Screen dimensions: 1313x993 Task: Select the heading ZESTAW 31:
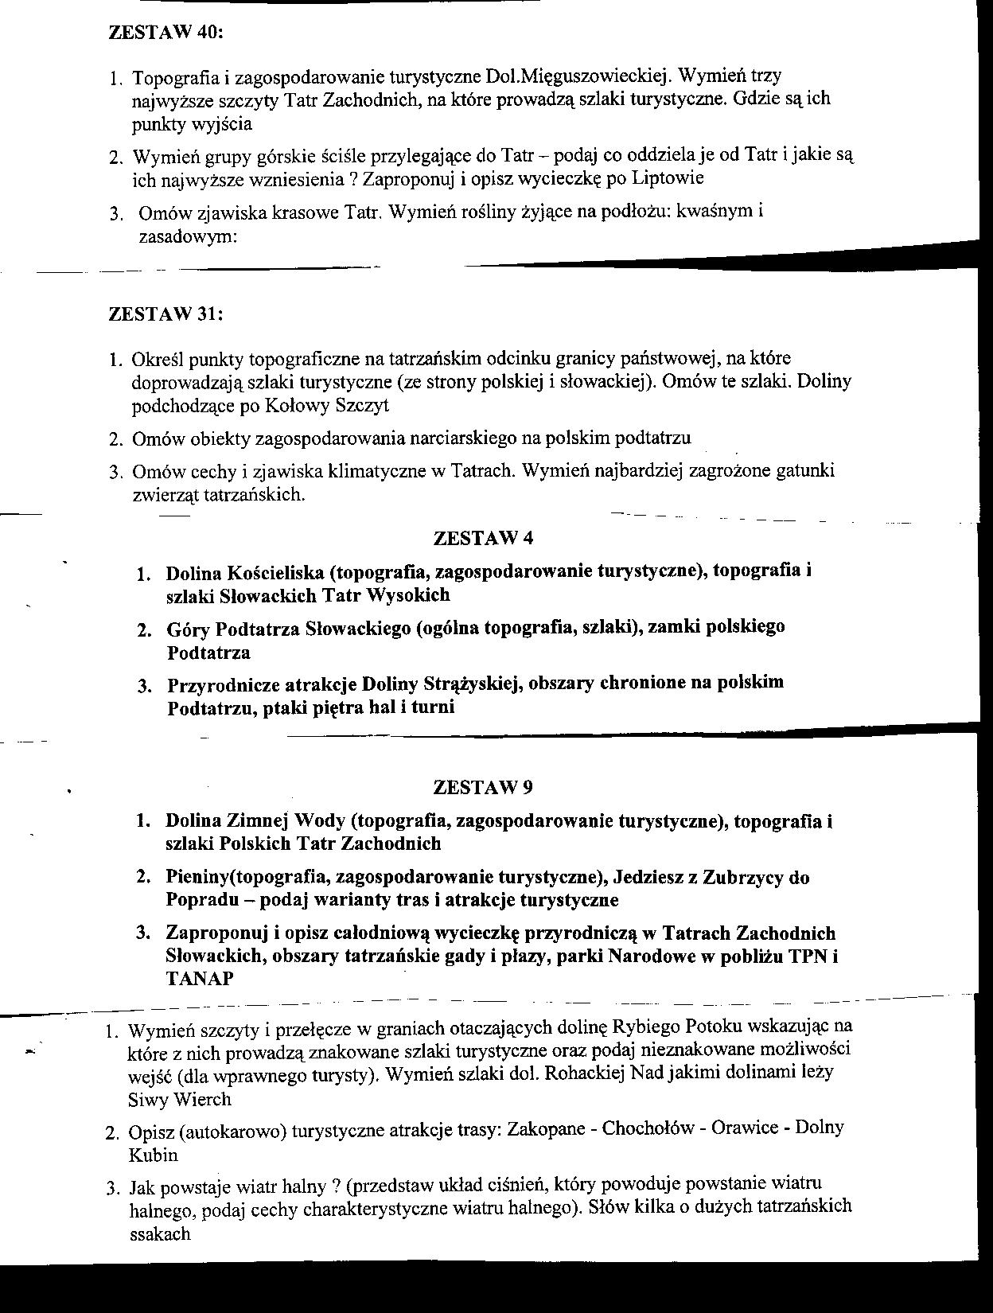[x=165, y=314]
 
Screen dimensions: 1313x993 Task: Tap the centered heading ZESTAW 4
[x=483, y=538]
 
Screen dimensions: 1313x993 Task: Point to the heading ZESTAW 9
[x=483, y=787]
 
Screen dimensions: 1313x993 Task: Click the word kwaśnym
[x=711, y=212]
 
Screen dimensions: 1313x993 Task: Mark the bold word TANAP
[x=200, y=979]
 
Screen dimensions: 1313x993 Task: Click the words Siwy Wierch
[x=179, y=1100]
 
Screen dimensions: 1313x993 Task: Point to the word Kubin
[x=154, y=1155]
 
